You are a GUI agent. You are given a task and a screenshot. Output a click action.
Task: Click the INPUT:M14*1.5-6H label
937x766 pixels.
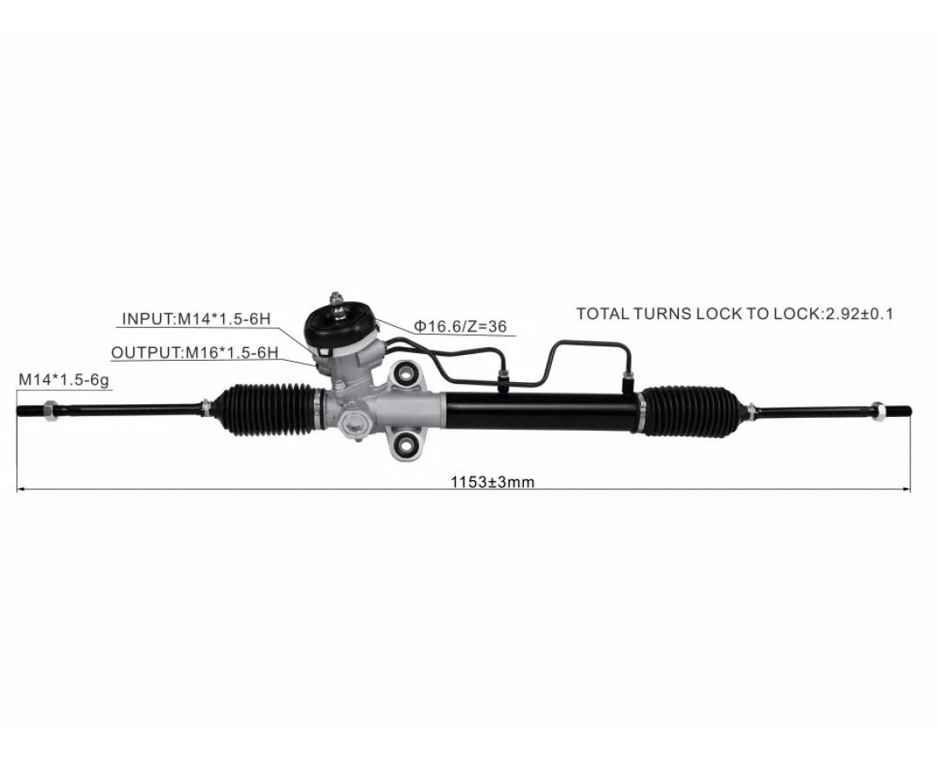[x=196, y=319]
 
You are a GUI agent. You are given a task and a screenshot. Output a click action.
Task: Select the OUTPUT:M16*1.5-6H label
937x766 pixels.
[x=195, y=353]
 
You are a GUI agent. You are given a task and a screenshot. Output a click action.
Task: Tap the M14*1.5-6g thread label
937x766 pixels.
[x=64, y=380]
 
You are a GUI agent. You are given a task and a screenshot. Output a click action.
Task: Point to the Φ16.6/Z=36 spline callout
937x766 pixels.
[x=460, y=326]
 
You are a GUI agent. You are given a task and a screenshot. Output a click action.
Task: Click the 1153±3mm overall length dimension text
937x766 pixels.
[x=492, y=482]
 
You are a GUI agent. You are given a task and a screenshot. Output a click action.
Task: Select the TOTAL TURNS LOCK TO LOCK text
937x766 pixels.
[x=698, y=313]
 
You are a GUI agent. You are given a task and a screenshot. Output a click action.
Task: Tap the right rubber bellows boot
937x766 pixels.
[x=692, y=409]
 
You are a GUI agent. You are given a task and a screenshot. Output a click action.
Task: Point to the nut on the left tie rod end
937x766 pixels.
[x=49, y=410]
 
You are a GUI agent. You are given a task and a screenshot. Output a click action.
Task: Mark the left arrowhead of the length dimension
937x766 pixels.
[x=21, y=489]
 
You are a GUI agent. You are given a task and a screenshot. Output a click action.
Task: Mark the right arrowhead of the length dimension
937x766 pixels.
[x=906, y=489]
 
